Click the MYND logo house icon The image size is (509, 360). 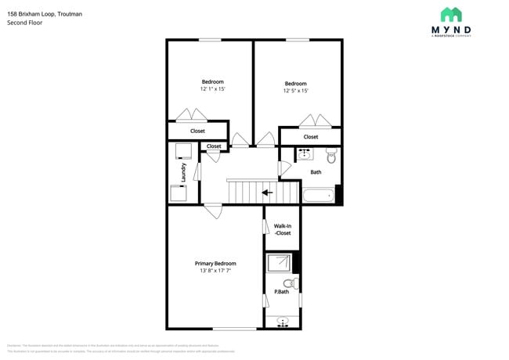point(450,15)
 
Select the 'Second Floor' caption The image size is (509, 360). point(25,23)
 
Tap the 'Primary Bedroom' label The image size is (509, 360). point(215,264)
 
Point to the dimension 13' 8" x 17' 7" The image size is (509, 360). point(215,272)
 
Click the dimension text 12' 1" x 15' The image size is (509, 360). point(212,89)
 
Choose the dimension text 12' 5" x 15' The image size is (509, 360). point(295,91)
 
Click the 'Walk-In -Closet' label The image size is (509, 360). point(282,229)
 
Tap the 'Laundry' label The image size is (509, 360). point(183,171)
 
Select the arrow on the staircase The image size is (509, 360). point(267,192)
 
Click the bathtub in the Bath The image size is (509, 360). point(318,194)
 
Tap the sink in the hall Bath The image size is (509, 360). point(304,154)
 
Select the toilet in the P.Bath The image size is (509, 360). point(289,283)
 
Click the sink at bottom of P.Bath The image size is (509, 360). point(282,321)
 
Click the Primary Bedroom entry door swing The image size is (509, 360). point(212,211)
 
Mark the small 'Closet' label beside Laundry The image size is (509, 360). point(214,146)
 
